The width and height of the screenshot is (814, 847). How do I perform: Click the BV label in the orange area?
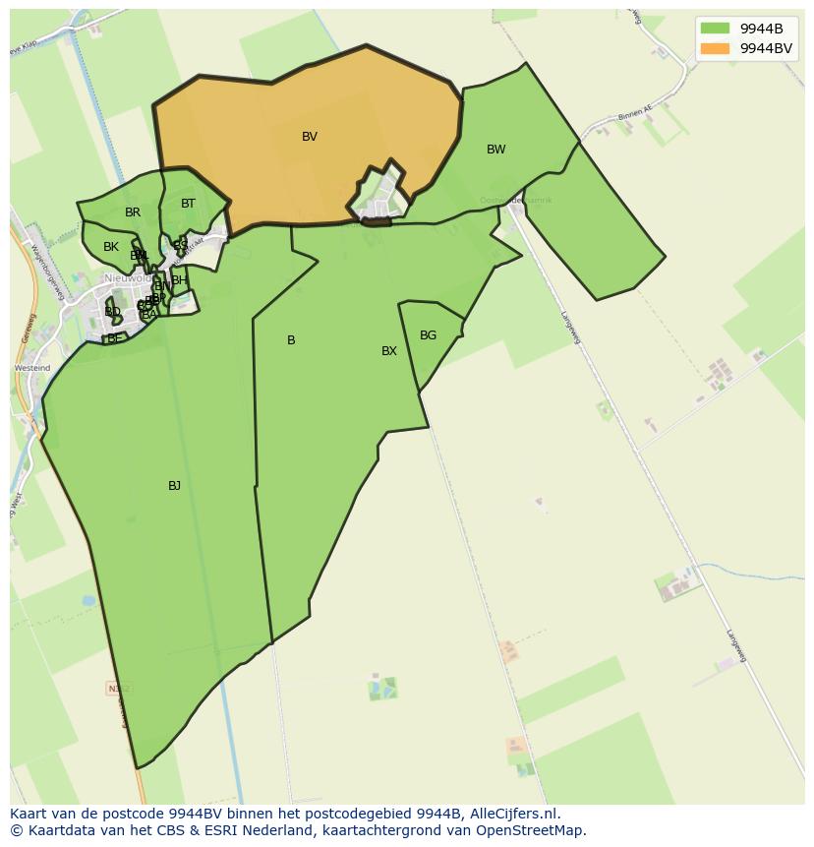click(x=310, y=137)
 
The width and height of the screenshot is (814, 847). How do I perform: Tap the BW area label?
click(x=495, y=150)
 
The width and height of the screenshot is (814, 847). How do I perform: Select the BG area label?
click(x=428, y=335)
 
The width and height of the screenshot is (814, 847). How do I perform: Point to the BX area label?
click(x=389, y=351)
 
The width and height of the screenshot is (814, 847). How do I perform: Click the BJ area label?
click(x=174, y=486)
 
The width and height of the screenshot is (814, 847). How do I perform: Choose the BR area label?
click(x=133, y=212)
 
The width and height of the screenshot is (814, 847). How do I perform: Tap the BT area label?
click(x=188, y=204)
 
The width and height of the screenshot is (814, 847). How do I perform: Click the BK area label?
click(x=111, y=247)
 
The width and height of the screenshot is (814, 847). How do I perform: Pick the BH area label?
click(x=178, y=280)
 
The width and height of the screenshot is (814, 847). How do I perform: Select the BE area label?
click(x=115, y=338)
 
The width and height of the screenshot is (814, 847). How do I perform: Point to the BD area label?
click(x=112, y=312)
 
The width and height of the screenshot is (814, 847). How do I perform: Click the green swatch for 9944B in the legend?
click(x=715, y=29)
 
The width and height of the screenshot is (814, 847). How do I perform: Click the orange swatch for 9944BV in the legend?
click(x=715, y=48)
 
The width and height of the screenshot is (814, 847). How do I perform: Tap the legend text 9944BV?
click(x=766, y=48)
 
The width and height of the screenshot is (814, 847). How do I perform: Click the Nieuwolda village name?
click(x=128, y=278)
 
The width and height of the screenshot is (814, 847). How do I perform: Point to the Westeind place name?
click(x=31, y=368)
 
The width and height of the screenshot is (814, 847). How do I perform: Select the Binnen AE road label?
click(x=635, y=116)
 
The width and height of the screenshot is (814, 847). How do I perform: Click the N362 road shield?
click(x=117, y=690)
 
